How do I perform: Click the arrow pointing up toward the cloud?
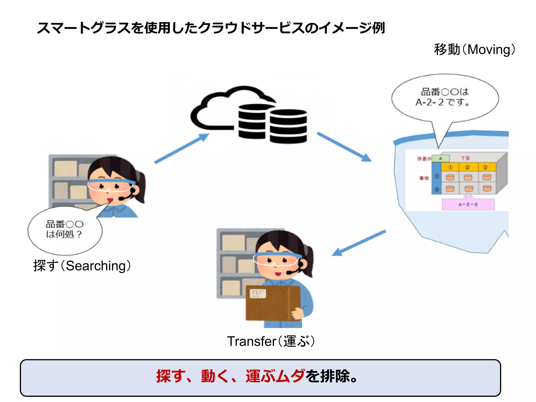(182, 148)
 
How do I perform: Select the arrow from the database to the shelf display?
(344, 147)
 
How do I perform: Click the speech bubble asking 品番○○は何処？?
(65, 230)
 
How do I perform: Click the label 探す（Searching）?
(82, 266)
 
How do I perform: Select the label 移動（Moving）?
(474, 49)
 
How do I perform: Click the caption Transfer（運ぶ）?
(271, 341)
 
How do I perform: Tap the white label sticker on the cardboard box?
(258, 294)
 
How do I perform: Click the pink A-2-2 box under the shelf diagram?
(468, 204)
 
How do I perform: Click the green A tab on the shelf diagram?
(440, 158)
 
